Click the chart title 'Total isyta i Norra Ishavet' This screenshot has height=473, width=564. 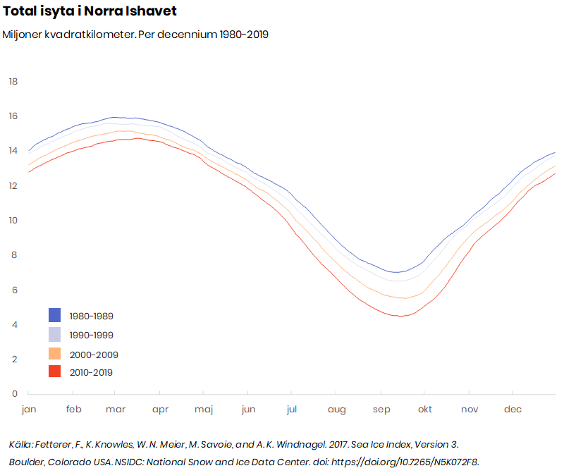90,11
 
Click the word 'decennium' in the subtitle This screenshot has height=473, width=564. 188,35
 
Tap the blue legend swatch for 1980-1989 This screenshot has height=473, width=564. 55,315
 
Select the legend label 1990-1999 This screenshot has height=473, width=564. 92,336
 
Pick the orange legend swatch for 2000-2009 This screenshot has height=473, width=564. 55,354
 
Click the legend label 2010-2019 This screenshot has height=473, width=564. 91,373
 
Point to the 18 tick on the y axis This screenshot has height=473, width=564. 13,82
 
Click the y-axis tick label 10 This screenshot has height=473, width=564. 13,220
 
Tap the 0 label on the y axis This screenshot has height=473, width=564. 15,393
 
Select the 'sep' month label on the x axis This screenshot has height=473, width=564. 381,410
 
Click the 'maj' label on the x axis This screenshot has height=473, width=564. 204,410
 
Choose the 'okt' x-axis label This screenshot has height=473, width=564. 425,410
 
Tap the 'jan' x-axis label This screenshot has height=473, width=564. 29,410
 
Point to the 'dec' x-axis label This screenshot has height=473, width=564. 513,410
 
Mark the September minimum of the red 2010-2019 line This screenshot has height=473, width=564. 400,316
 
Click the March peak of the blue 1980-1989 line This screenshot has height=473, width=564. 114,117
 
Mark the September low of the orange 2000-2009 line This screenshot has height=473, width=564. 405,298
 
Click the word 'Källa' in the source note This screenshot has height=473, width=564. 20,445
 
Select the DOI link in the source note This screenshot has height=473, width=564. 405,462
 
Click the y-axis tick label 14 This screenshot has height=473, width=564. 13,151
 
